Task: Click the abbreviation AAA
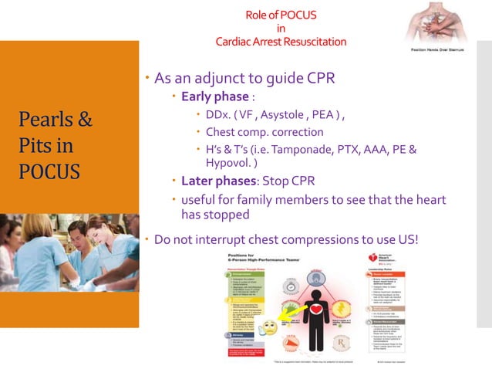[x=360, y=149]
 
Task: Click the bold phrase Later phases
[x=218, y=182]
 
